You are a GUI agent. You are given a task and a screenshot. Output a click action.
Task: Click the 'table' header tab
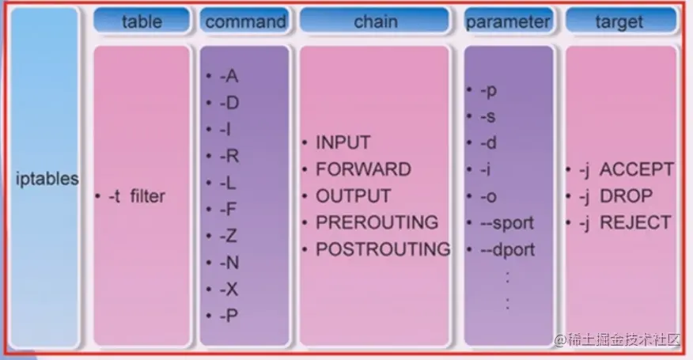(142, 21)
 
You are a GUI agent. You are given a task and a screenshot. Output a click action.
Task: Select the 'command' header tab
(245, 21)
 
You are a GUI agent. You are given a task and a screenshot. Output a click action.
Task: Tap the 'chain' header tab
(375, 21)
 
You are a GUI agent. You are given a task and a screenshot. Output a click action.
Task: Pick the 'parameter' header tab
(507, 21)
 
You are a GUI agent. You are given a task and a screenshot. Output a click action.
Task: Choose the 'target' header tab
(619, 21)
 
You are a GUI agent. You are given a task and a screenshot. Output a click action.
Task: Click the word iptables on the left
(47, 179)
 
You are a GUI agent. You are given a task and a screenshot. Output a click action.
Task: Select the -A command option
(229, 77)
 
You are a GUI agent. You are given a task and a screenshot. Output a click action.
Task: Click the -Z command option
(229, 236)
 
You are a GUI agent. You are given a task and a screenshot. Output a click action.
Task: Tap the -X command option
(229, 289)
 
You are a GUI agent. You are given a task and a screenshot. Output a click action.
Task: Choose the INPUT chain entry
(343, 143)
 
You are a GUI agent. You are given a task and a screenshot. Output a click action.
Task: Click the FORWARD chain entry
(363, 169)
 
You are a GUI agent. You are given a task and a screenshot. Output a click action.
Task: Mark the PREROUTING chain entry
(377, 222)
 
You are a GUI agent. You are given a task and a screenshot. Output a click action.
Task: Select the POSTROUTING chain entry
(383, 249)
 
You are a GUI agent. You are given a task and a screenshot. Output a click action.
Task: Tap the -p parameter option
(488, 90)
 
